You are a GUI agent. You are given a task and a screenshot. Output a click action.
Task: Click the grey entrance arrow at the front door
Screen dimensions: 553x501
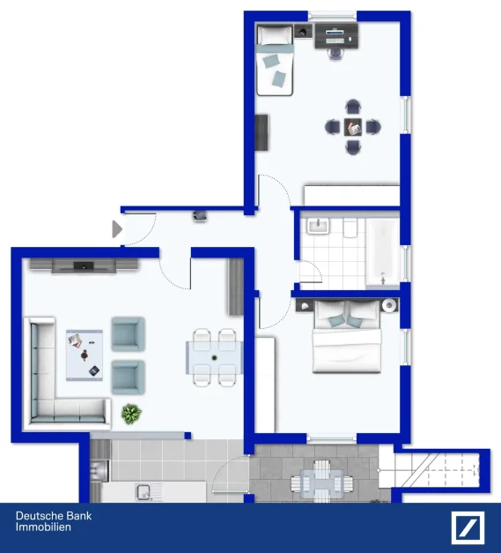[x=116, y=229]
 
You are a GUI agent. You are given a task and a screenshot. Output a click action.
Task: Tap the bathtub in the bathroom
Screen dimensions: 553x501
[x=382, y=252]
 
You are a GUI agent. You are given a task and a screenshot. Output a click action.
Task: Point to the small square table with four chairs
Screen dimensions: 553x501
[x=352, y=127]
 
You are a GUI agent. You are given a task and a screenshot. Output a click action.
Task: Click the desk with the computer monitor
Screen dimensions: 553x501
[x=336, y=35]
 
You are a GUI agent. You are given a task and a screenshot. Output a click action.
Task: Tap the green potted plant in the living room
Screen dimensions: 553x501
[x=131, y=412]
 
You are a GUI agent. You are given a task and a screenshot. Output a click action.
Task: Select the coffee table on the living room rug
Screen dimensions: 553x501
[x=85, y=353]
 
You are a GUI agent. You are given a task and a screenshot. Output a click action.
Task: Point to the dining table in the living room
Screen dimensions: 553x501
[x=214, y=358]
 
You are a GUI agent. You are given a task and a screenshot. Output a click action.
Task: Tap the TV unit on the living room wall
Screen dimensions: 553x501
[x=84, y=265]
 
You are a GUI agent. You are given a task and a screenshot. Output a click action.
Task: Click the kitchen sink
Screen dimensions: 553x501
[x=143, y=490]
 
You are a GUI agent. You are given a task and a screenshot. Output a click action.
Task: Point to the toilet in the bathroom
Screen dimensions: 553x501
[x=350, y=230]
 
